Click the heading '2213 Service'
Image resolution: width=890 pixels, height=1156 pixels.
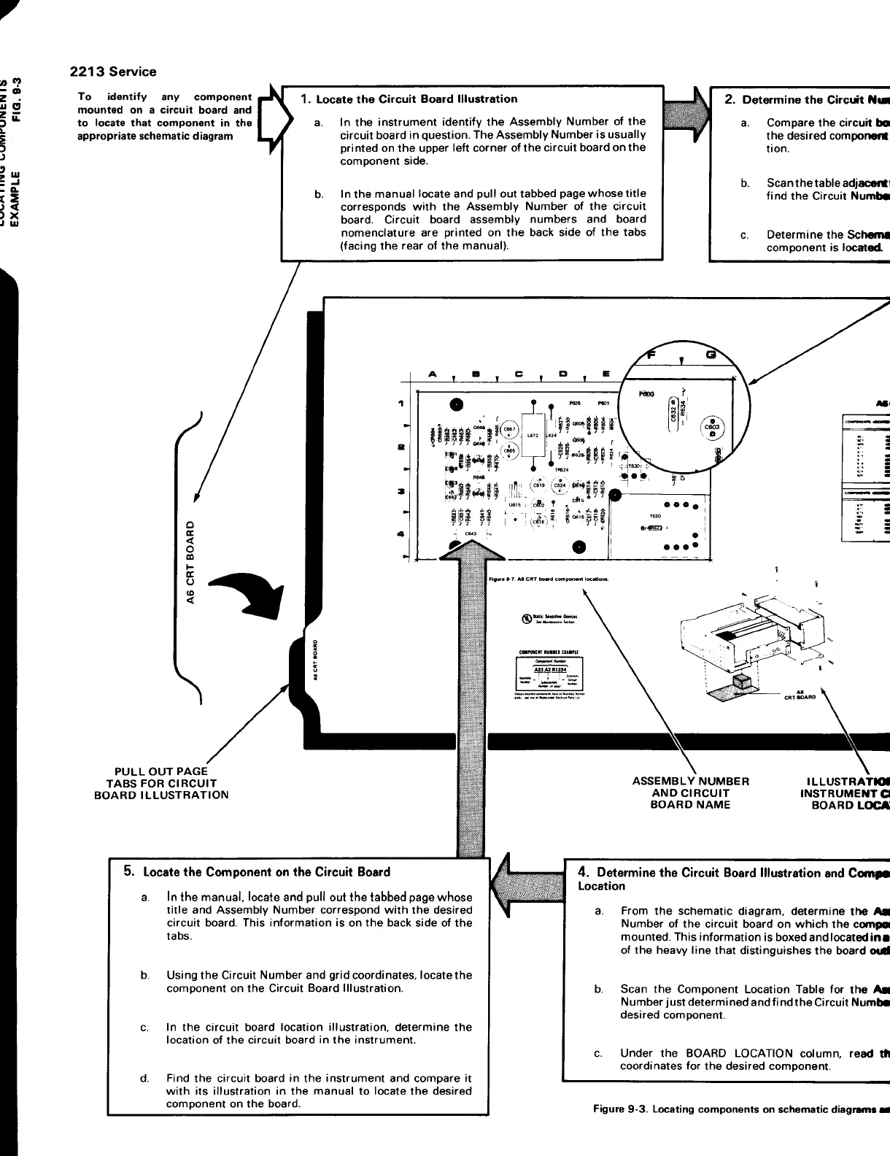point(112,72)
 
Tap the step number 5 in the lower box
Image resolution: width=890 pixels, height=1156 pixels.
point(128,871)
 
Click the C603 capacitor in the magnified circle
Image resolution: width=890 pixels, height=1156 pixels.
point(711,428)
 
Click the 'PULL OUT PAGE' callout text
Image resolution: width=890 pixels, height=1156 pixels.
point(161,771)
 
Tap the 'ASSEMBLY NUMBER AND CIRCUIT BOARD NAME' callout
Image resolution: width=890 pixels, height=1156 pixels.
point(691,793)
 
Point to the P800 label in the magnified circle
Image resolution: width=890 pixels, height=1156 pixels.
point(646,393)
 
